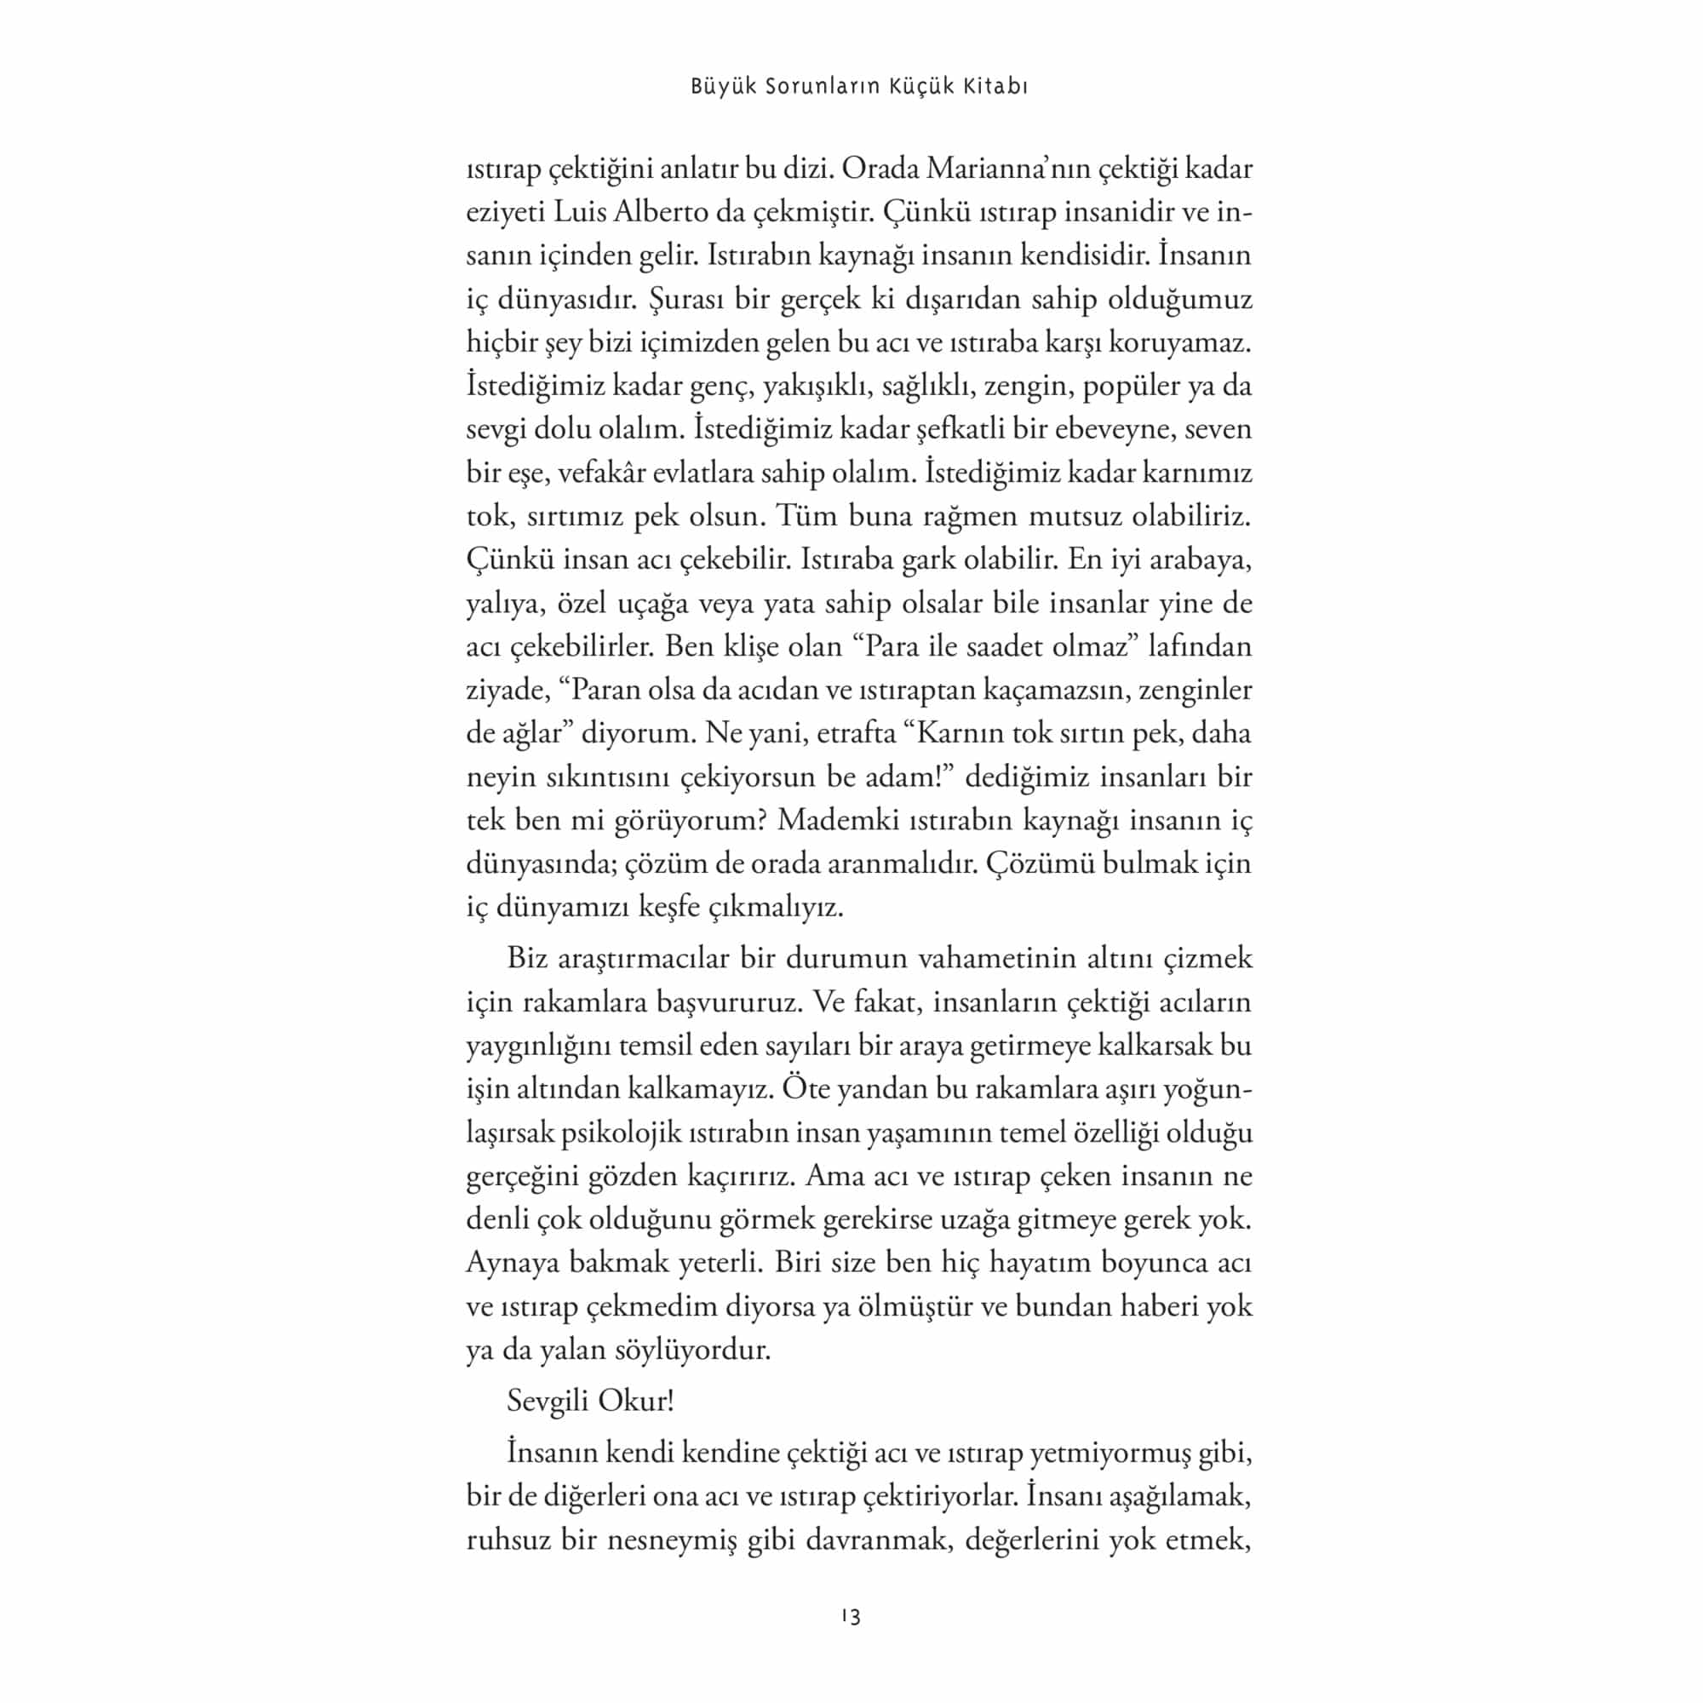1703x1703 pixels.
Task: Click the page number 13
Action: [x=851, y=1616]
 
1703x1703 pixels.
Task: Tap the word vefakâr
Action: [x=601, y=473]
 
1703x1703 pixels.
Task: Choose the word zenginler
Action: [x=1196, y=691]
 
